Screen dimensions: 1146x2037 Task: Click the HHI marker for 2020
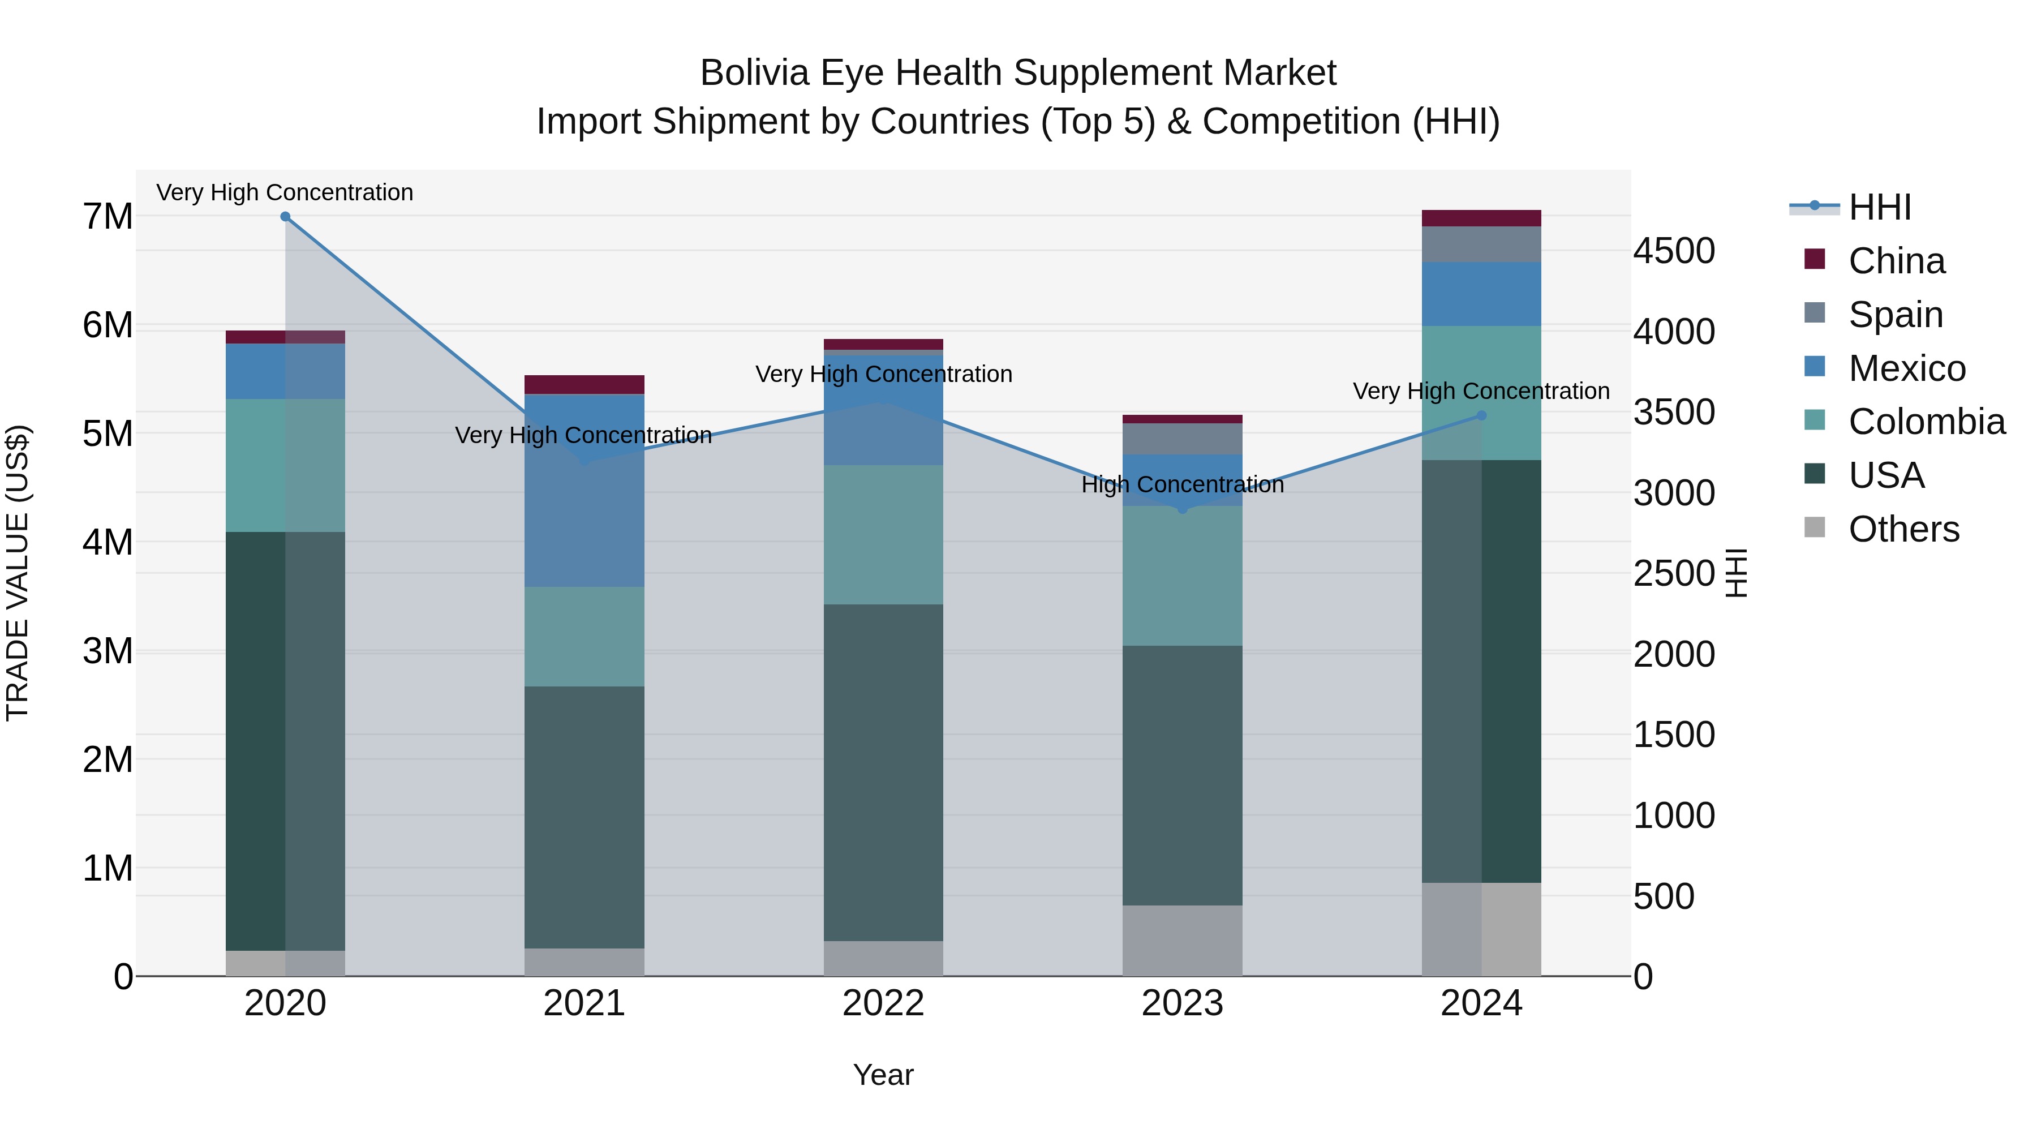286,217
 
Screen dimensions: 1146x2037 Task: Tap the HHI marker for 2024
1481,415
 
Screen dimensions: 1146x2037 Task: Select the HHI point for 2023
1182,509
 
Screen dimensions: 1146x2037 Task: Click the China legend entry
1896,261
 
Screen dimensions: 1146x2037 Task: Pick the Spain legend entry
1896,315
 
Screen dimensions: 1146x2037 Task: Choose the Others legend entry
1903,529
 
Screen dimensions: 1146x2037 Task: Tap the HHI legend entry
1880,207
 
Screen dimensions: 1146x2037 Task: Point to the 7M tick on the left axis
108,217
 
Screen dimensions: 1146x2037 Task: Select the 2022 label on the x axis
883,1003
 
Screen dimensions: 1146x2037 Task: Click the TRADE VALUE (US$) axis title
18,573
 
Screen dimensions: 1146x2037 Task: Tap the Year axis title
883,1075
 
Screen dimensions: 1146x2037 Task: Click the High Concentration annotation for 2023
1182,485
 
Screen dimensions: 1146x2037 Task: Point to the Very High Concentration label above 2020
285,193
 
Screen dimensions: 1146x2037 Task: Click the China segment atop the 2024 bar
1481,218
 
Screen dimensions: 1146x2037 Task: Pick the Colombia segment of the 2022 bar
883,535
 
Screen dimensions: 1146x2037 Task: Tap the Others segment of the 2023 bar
1182,941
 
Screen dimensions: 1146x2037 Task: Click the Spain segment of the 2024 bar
1481,244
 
